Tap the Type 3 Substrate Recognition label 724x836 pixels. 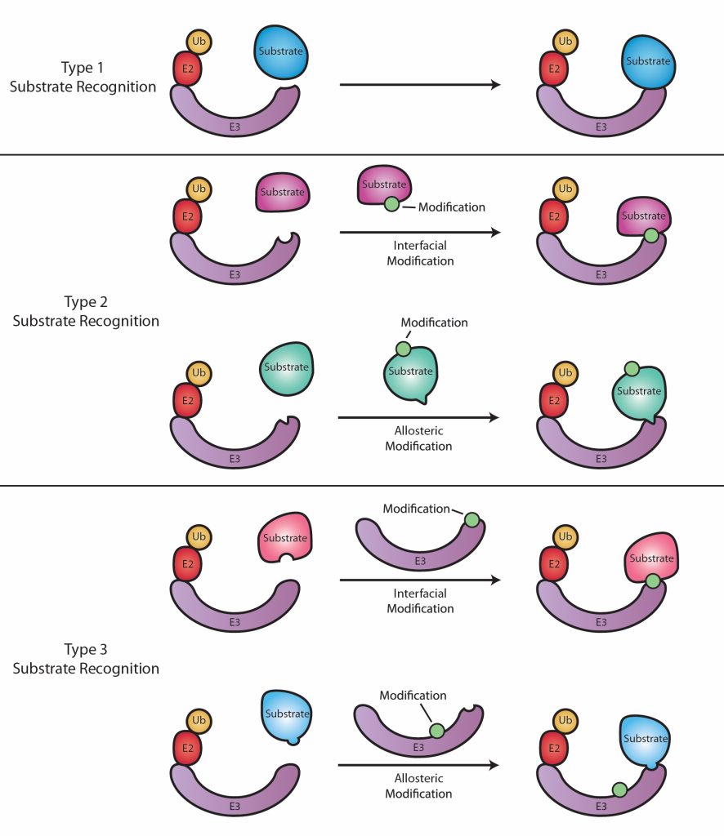pyautogui.click(x=86, y=659)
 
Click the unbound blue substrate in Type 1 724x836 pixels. pyautogui.click(x=279, y=53)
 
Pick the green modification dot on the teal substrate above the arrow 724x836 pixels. pyautogui.click(x=403, y=349)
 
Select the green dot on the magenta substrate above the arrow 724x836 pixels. pyautogui.click(x=391, y=205)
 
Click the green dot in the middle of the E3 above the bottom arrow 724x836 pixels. pyautogui.click(x=436, y=731)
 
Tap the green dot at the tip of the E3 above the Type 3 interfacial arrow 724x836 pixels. pyautogui.click(x=471, y=520)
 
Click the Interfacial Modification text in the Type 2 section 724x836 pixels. pyautogui.click(x=420, y=254)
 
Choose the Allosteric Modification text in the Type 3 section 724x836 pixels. pyautogui.click(x=419, y=786)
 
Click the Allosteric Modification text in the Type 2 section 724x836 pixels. pyautogui.click(x=418, y=438)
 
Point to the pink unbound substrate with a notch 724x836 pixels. pyautogui.click(x=284, y=539)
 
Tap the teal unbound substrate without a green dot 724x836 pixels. pyautogui.click(x=285, y=368)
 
